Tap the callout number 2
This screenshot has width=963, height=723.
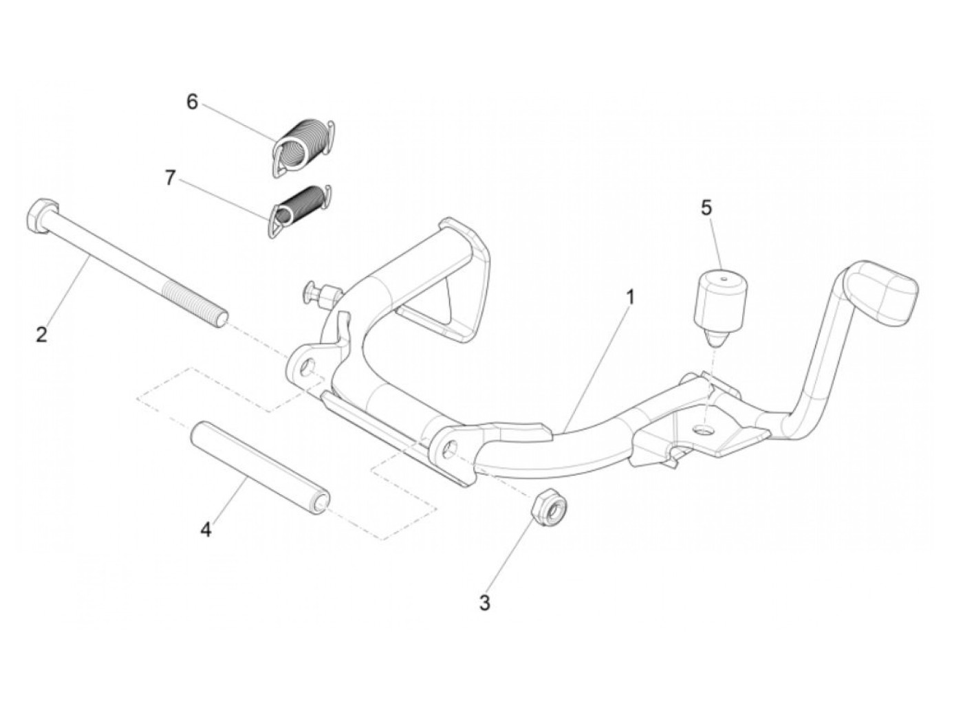tap(41, 335)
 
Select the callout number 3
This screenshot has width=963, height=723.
tap(484, 603)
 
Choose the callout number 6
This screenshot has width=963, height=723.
tap(192, 102)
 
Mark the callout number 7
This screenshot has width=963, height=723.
tap(171, 178)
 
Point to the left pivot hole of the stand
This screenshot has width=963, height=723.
tap(306, 367)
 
